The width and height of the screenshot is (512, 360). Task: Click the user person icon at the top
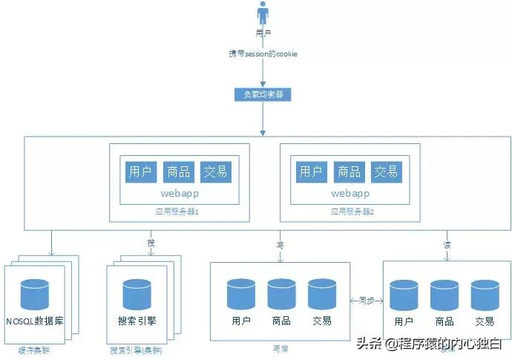tap(262, 14)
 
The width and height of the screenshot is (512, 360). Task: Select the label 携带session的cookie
tap(263, 55)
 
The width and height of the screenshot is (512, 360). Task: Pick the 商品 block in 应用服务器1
tap(178, 171)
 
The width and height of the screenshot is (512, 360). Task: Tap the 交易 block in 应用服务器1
tap(215, 171)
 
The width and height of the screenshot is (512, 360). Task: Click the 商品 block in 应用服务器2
tap(349, 171)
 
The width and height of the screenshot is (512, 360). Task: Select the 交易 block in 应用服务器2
tap(386, 171)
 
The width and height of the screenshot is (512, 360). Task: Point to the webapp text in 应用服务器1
tap(179, 193)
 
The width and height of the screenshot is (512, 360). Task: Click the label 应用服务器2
tap(352, 212)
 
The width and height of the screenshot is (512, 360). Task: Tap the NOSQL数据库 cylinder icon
tap(34, 293)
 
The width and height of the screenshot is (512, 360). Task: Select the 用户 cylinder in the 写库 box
tap(240, 292)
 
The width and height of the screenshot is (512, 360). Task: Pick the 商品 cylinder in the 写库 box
tap(282, 292)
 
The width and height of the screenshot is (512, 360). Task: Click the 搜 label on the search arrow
tap(151, 243)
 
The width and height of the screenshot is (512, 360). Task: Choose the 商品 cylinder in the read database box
tap(444, 294)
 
